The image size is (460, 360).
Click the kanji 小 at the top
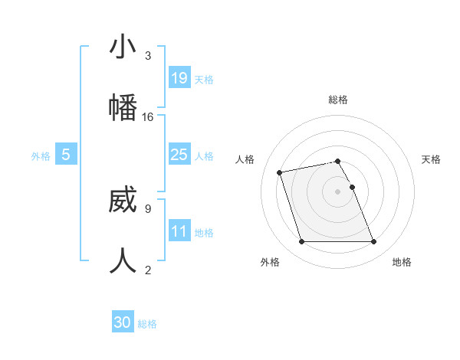tap(123, 47)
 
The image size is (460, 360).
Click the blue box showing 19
tap(179, 77)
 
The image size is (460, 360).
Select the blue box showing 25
tap(179, 155)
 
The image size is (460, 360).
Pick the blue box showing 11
tap(179, 231)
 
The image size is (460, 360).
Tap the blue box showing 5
tap(66, 155)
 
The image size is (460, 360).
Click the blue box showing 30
tap(123, 322)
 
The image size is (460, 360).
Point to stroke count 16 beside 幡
tap(148, 117)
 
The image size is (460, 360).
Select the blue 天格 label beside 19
tap(204, 79)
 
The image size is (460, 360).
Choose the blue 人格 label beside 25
tap(204, 156)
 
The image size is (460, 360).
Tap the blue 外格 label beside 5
tap(41, 156)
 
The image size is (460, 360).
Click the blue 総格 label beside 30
tap(147, 324)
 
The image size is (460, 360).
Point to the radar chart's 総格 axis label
tap(338, 100)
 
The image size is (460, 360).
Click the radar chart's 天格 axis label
tap(432, 159)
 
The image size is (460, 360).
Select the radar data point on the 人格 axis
tap(280, 172)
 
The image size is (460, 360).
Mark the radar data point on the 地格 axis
tap(373, 242)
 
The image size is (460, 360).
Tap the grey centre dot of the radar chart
tap(338, 191)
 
